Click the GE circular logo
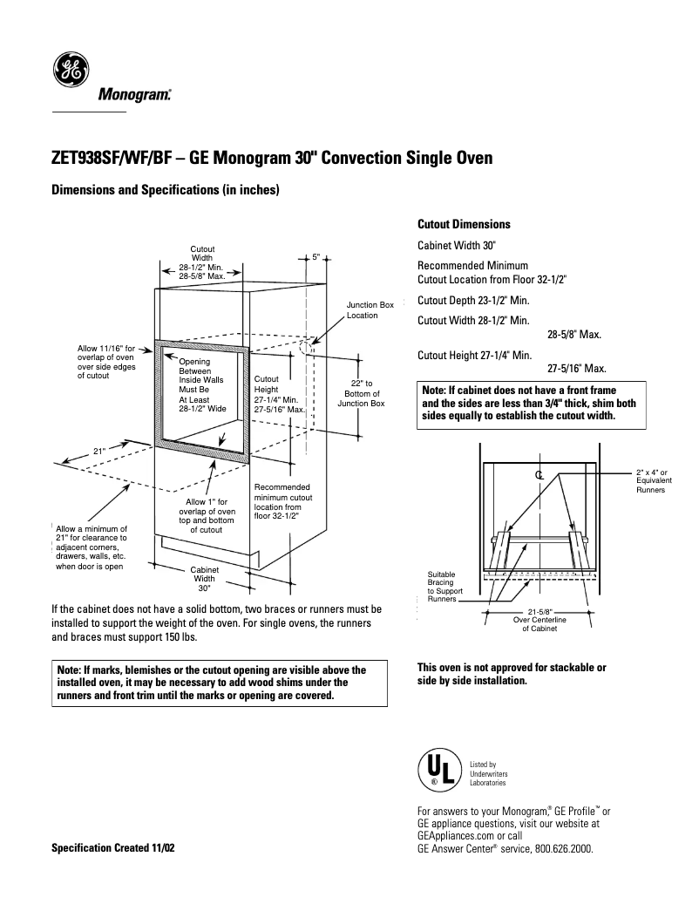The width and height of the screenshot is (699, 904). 68,71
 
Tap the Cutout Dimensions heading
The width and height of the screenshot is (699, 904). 464,224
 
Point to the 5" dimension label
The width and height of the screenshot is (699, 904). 316,257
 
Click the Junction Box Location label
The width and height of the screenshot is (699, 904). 370,309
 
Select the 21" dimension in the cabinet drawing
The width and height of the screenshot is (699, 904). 99,451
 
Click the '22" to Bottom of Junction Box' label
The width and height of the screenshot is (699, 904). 361,393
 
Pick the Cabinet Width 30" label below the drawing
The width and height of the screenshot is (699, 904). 204,578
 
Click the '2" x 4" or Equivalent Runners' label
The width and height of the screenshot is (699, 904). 651,481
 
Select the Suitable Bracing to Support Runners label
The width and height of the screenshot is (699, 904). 445,587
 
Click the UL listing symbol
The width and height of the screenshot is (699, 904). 436,771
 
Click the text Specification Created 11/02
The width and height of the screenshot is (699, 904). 113,847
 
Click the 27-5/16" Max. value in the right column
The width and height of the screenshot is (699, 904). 576,369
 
